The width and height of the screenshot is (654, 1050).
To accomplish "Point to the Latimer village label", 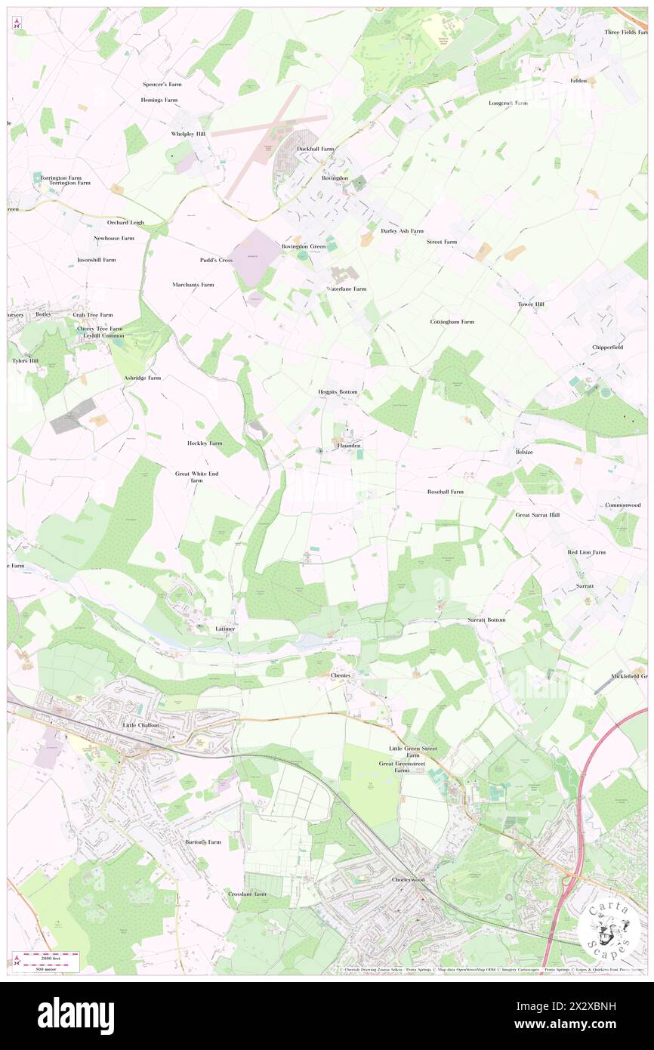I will click(225, 628).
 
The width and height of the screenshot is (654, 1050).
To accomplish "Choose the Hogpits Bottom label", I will click(337, 393).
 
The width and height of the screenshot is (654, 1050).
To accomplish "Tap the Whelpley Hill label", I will click(188, 134).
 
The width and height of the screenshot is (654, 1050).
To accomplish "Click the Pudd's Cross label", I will click(216, 260).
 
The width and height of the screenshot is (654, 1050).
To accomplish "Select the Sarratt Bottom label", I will click(486, 619).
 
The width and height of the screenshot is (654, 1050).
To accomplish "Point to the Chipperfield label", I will click(608, 347).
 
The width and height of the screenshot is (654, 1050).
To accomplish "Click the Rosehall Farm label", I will click(446, 492).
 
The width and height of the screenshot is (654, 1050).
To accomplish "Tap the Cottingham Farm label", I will click(452, 322).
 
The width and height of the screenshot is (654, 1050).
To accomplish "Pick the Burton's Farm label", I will click(203, 842).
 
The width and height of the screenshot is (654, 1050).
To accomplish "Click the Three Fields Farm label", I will click(626, 32).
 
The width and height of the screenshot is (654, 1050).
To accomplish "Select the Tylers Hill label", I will click(24, 361).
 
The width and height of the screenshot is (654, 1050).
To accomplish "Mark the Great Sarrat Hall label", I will click(538, 514).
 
